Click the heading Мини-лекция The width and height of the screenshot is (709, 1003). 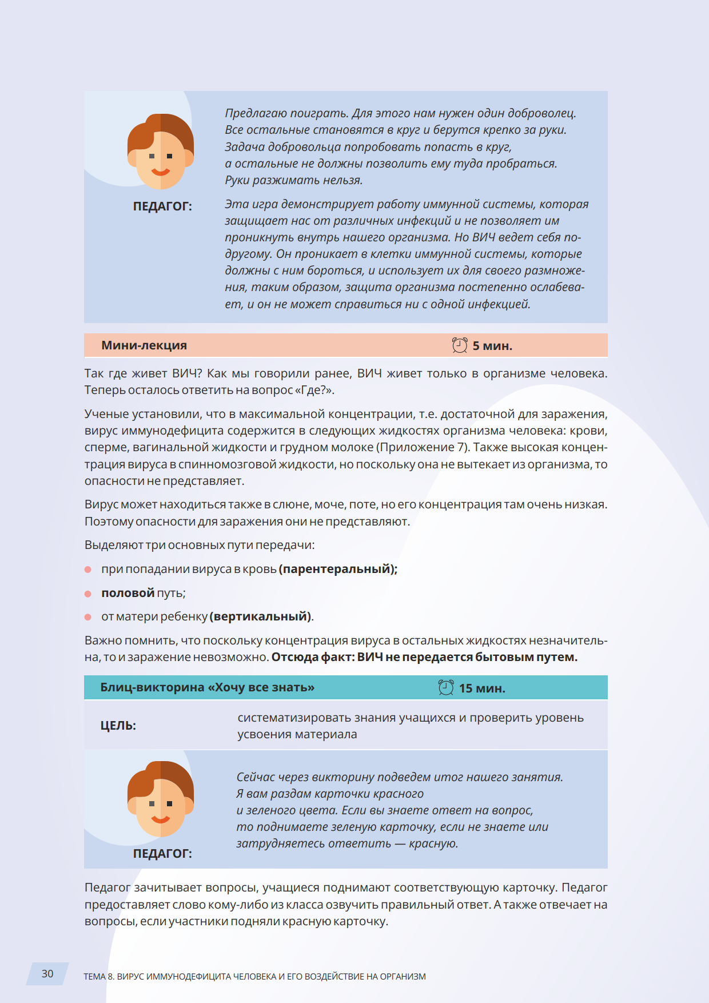pyautogui.click(x=144, y=345)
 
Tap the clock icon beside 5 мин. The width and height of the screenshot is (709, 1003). pyautogui.click(x=460, y=345)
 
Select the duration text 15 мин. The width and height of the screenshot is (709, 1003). pyautogui.click(x=482, y=688)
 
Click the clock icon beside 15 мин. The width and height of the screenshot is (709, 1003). pyautogui.click(x=446, y=687)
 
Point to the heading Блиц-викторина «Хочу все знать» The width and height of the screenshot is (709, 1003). pyautogui.click(x=207, y=687)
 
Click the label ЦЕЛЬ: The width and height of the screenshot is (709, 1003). pyautogui.click(x=118, y=726)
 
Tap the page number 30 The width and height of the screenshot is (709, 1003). pyautogui.click(x=47, y=974)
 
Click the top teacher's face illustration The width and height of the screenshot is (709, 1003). pyautogui.click(x=161, y=152)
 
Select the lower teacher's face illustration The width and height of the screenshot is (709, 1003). pyautogui.click(x=161, y=799)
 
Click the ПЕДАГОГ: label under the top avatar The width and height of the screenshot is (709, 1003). pyautogui.click(x=162, y=206)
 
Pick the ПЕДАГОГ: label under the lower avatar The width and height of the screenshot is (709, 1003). pyautogui.click(x=162, y=854)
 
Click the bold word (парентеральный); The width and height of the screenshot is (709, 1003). pyautogui.click(x=338, y=569)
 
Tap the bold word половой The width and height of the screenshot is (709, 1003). pyautogui.click(x=128, y=593)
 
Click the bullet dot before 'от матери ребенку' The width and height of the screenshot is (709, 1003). pyautogui.click(x=88, y=617)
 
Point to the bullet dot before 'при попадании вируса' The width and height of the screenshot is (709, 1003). pyautogui.click(x=88, y=570)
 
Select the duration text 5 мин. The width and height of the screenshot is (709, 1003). pyautogui.click(x=492, y=346)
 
